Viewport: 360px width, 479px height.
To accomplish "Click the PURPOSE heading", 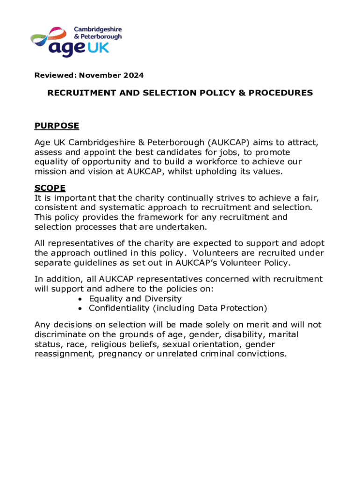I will click(57, 126).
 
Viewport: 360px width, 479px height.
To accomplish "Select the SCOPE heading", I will click(50, 188).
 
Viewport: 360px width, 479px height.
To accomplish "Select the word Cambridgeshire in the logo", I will click(97, 29).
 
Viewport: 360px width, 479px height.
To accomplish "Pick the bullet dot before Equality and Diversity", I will click(81, 299).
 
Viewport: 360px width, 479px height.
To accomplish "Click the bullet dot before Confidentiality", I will click(81, 308).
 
